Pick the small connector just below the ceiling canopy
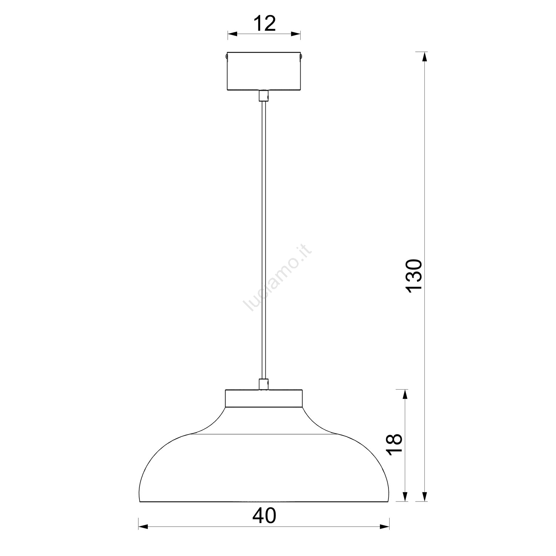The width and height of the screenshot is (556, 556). coord(263,96)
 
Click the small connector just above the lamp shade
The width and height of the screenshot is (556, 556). coord(263,384)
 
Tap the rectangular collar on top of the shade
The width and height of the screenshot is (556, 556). coord(264,398)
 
